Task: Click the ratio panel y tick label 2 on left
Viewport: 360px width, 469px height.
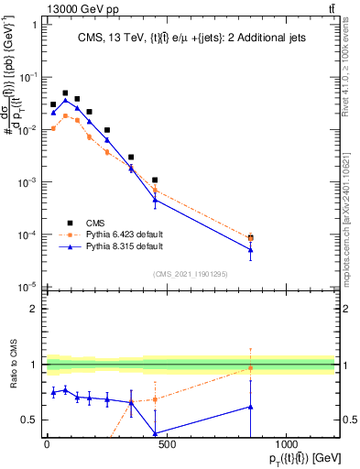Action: point(33,309)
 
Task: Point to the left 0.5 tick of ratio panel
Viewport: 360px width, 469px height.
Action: point(29,420)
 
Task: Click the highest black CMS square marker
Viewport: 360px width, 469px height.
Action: point(65,93)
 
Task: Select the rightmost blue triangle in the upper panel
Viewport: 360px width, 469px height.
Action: point(250,249)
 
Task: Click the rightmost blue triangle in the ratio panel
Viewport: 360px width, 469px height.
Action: point(250,407)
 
